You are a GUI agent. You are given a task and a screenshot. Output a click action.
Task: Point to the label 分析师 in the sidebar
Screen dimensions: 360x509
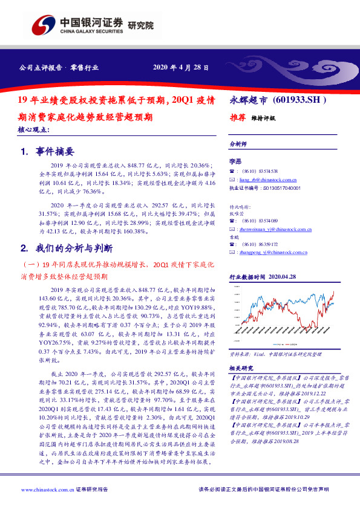(238, 144)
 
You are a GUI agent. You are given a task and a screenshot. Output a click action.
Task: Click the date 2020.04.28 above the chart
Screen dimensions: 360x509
(280, 276)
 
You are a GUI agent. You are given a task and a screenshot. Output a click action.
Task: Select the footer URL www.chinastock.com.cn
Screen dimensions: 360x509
(43, 489)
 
